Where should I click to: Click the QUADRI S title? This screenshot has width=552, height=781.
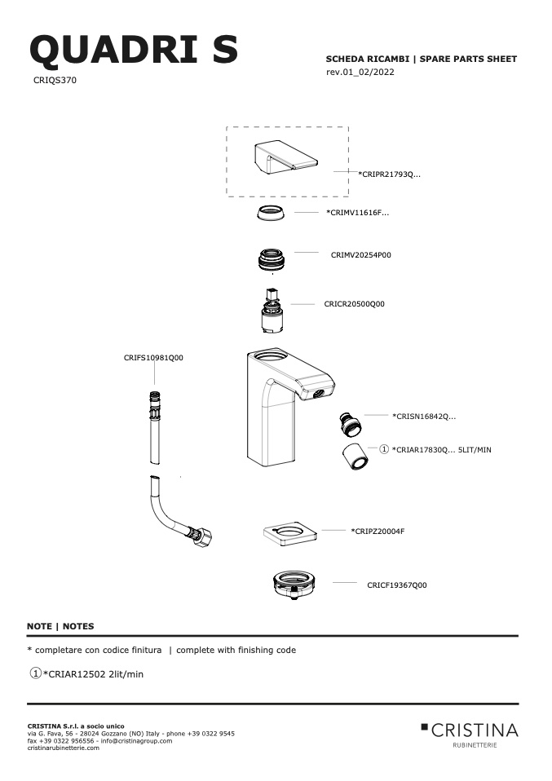click(134, 50)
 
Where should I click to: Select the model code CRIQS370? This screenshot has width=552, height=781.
click(55, 80)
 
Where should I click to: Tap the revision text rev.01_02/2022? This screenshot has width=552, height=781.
click(360, 72)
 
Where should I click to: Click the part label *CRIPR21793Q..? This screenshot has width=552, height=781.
click(389, 174)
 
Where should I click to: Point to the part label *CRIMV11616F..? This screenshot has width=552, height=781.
click(358, 213)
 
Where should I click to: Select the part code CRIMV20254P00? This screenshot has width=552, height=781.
click(361, 255)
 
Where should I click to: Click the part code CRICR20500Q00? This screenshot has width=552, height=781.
click(354, 304)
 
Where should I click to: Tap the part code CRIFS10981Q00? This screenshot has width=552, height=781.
click(153, 358)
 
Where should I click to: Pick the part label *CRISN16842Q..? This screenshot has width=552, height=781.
click(424, 417)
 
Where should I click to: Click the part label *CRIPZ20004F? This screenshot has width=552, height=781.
click(378, 532)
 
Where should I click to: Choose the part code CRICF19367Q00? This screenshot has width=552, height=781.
click(397, 585)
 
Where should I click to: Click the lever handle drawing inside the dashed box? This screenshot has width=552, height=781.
click(285, 158)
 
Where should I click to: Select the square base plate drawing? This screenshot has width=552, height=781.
click(290, 533)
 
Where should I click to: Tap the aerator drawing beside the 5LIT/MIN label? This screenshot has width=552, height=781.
click(355, 456)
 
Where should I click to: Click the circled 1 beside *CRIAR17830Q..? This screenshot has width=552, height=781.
click(384, 449)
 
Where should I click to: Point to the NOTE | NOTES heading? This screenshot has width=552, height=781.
click(60, 627)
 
